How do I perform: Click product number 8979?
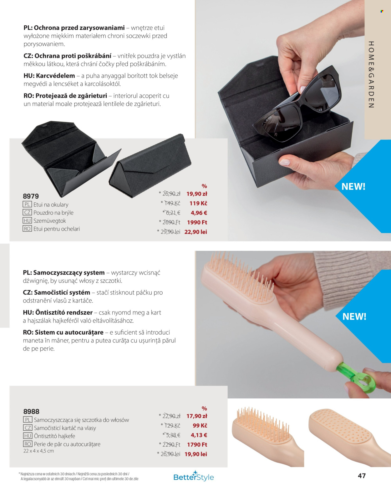pyautogui.click(x=31, y=196)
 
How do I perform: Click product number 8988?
pyautogui.click(x=31, y=412)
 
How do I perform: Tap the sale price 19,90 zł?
pyautogui.click(x=197, y=194)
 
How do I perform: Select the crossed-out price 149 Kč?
pyautogui.click(x=172, y=203)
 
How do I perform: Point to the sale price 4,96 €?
pyautogui.click(x=199, y=213)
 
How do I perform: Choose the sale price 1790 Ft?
pyautogui.click(x=197, y=444)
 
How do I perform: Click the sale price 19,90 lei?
pyautogui.click(x=196, y=454)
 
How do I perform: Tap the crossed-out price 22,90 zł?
pyautogui.click(x=171, y=416)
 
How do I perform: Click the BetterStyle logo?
pyautogui.click(x=193, y=476)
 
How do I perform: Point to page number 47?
pyautogui.click(x=362, y=475)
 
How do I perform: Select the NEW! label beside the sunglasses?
pyautogui.click(x=353, y=186)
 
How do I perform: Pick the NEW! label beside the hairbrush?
pyautogui.click(x=354, y=316)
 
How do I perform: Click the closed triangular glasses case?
pyautogui.click(x=150, y=166)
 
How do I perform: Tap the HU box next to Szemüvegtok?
pyautogui.click(x=27, y=220)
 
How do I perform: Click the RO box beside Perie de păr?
pyautogui.click(x=28, y=444)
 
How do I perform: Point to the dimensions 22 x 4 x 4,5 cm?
pyautogui.click(x=38, y=451)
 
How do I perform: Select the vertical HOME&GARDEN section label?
pyautogui.click(x=371, y=75)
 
